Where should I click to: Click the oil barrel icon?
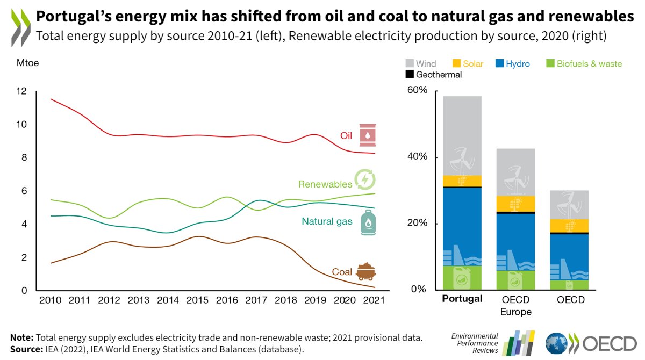pos(368,135)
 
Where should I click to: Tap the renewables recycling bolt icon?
pos(364,179)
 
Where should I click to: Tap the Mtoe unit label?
pos(25,63)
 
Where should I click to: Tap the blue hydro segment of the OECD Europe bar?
pos(515,236)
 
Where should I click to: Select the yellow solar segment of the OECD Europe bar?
pos(515,203)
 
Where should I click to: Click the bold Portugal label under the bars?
pos(462,299)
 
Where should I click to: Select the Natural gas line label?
pos(327,221)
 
